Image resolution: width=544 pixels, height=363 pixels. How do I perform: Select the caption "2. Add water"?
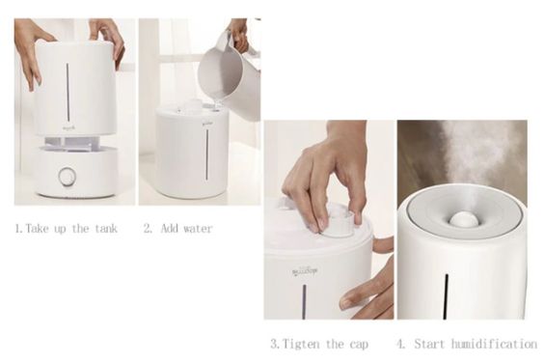click(x=177, y=229)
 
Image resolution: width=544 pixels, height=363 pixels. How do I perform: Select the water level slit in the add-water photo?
click(x=206, y=154)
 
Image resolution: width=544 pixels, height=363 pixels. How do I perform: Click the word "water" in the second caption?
click(x=196, y=229)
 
